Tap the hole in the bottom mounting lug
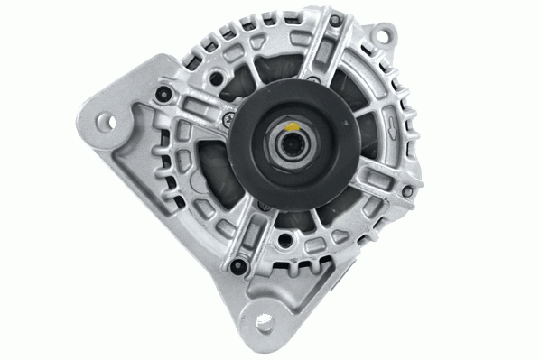coord(264,320)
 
